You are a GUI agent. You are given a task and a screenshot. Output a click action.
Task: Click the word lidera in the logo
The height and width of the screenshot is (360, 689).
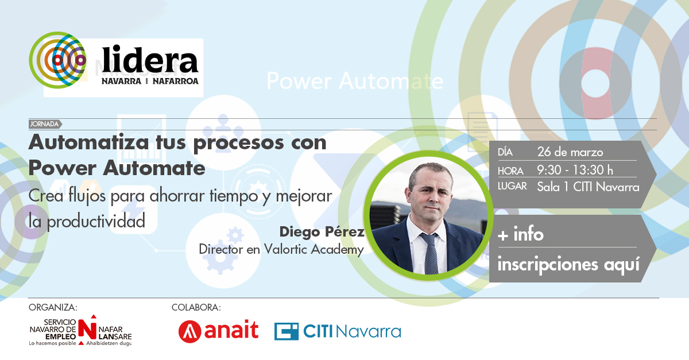coord(150,60)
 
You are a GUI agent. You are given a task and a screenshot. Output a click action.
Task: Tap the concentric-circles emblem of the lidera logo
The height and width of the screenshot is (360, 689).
coord(57,60)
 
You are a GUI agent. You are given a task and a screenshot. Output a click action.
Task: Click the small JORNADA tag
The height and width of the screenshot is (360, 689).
coord(45,124)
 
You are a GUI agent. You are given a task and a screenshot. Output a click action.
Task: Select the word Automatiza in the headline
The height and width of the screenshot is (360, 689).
coord(88,142)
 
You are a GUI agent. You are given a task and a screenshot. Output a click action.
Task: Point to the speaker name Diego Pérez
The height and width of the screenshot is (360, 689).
coord(322,232)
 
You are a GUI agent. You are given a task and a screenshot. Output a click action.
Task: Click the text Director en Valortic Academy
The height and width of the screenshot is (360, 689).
coord(281,249)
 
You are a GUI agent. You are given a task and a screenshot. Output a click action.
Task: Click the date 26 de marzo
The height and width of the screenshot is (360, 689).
coord(570,152)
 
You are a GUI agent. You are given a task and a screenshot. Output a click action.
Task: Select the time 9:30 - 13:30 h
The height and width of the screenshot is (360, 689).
coord(575,170)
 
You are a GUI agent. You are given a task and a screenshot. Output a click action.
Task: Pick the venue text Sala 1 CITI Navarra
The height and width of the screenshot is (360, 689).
coord(588,187)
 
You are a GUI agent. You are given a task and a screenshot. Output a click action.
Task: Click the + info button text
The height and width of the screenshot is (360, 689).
coord(520,235)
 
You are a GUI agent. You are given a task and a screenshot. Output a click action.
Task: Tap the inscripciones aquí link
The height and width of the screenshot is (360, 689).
coord(568,265)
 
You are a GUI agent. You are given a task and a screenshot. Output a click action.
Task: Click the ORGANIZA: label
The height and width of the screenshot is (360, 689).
coord(53,307)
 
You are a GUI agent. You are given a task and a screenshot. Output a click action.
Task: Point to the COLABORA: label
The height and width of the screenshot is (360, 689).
coord(196,307)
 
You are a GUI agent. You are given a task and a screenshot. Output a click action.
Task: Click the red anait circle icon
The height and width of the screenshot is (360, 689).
coord(190,331)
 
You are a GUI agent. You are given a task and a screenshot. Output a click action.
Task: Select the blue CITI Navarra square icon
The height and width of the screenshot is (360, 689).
coord(287,331)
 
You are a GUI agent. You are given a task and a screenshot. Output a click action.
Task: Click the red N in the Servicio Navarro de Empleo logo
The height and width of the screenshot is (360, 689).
coord(87,329)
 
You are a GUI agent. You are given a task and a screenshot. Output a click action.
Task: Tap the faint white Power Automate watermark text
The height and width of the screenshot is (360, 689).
coord(355,81)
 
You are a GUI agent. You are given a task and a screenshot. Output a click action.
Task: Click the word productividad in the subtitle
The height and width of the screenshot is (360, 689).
coord(96,222)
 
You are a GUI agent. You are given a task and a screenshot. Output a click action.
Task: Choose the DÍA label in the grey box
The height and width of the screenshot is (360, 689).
coord(505,152)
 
